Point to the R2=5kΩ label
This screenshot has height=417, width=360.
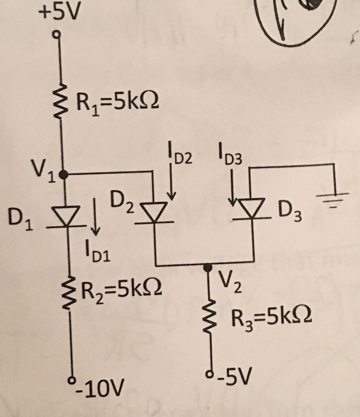click(x=122, y=290)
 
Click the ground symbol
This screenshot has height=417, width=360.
click(x=333, y=198)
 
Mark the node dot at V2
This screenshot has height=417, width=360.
click(x=208, y=267)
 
